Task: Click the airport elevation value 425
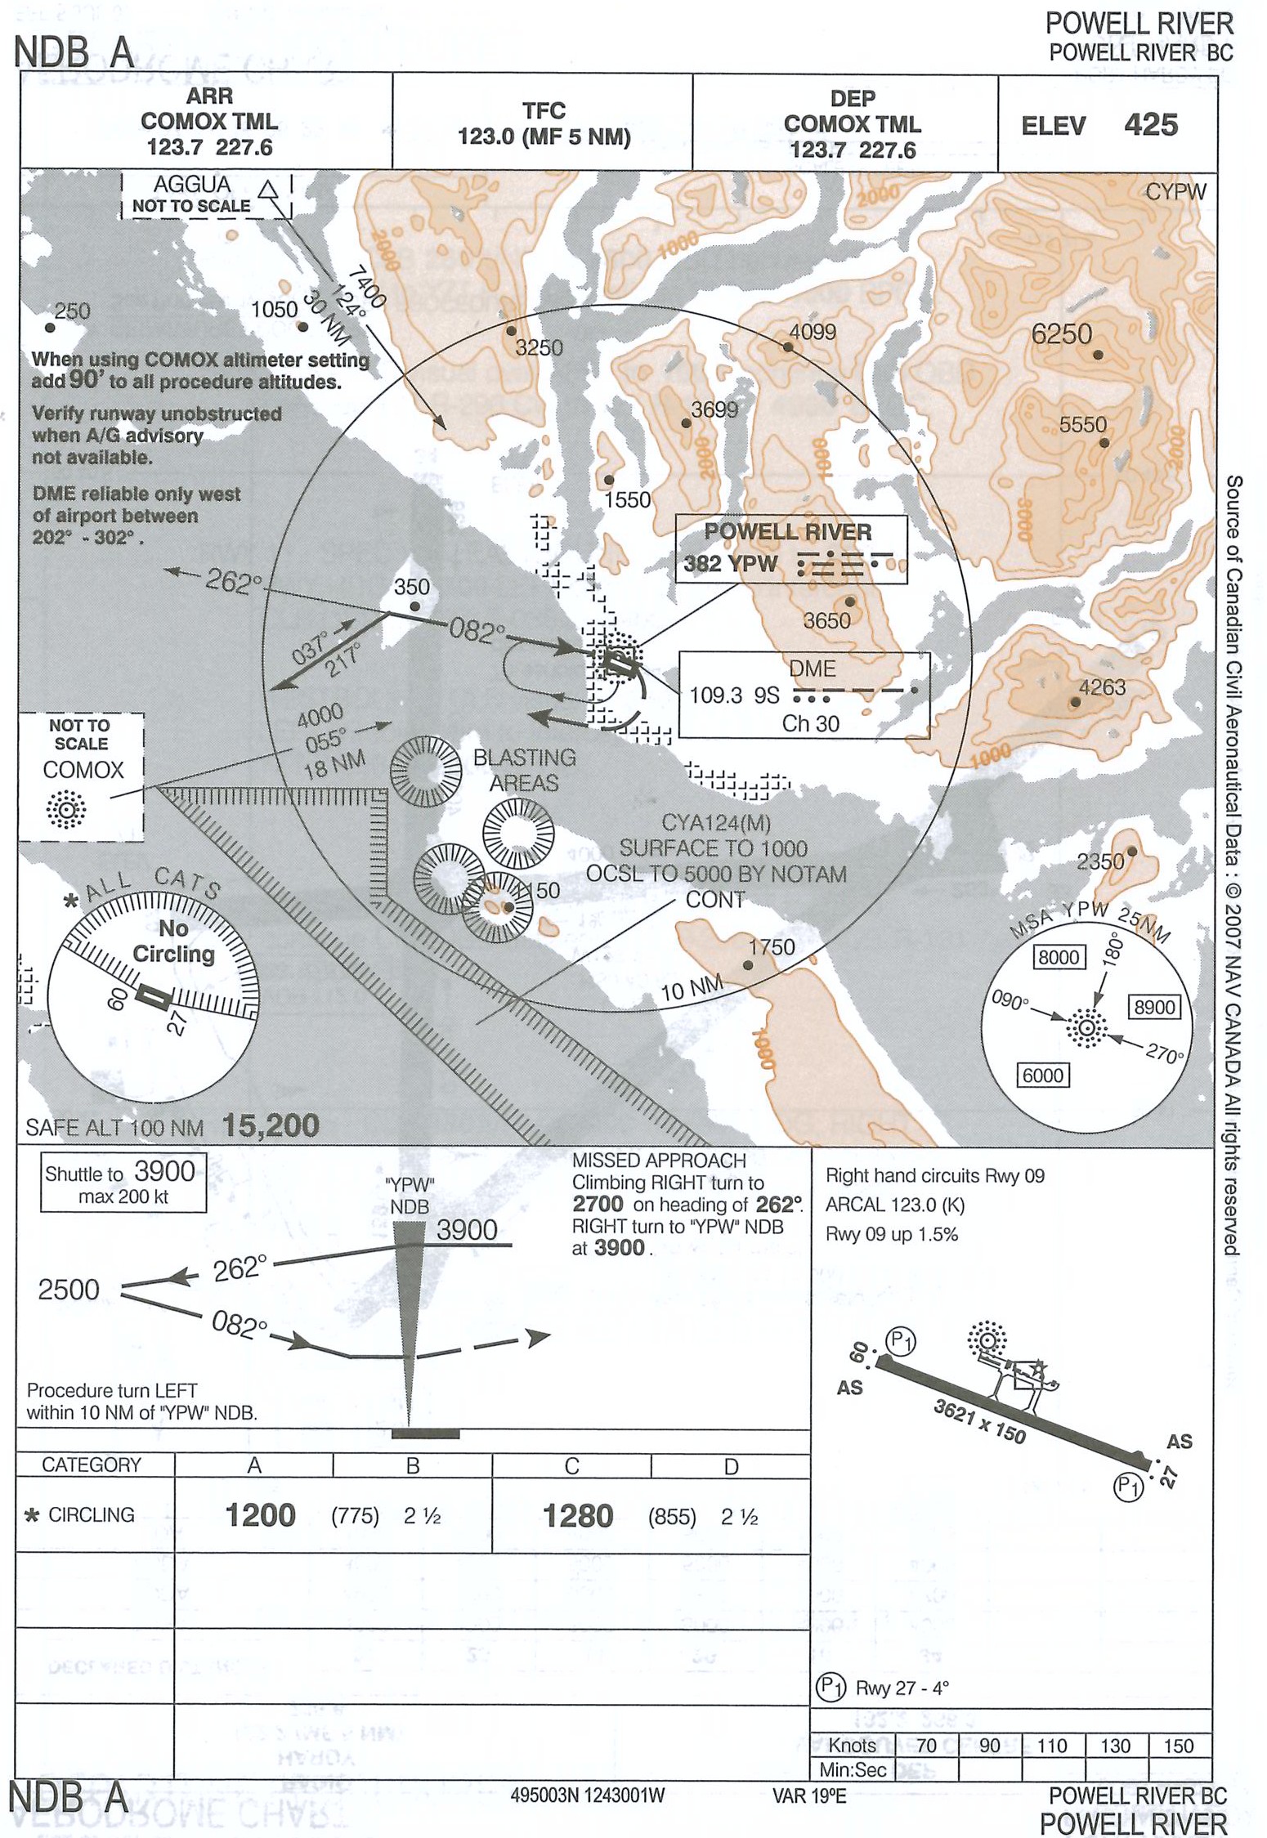[x=1150, y=125]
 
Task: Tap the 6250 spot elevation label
[x=1061, y=334]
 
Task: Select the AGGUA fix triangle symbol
[x=267, y=191]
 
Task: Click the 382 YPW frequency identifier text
[x=730, y=563]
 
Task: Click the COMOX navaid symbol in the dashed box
[x=66, y=809]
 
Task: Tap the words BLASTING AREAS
[x=524, y=770]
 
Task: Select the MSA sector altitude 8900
[x=1153, y=1007]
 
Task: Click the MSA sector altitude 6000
[x=1042, y=1075]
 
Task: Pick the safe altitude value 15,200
[x=271, y=1126]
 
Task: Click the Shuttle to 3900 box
[x=123, y=1182]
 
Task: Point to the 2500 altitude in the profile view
[x=69, y=1290]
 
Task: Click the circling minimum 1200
[x=260, y=1515]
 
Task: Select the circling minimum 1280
[x=578, y=1516]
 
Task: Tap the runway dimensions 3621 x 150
[x=978, y=1420]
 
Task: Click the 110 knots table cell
[x=1052, y=1746]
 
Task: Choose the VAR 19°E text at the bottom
[x=809, y=1796]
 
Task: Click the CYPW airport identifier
[x=1175, y=192]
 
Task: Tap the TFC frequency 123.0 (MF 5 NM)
[x=544, y=136]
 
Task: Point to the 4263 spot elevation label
[x=1102, y=687]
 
